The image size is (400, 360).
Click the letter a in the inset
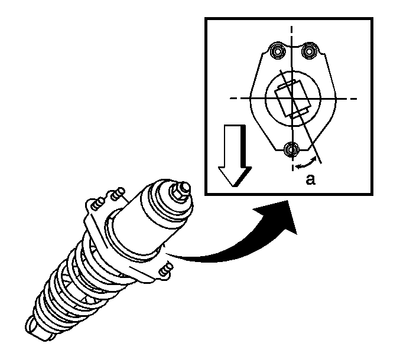[x=310, y=179]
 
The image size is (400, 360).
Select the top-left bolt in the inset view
[x=278, y=51]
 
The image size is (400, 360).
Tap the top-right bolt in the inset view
[x=309, y=51]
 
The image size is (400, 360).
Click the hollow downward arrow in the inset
[x=235, y=155]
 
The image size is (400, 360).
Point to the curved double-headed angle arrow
[x=306, y=163]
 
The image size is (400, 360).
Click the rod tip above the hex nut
[x=186, y=187]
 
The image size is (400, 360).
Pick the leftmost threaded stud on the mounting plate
[x=97, y=204]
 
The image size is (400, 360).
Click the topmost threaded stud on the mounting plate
[x=118, y=194]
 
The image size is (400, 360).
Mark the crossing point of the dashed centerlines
[x=292, y=99]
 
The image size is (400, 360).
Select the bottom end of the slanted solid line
[x=321, y=162]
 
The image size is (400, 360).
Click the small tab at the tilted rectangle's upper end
[x=287, y=84]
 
